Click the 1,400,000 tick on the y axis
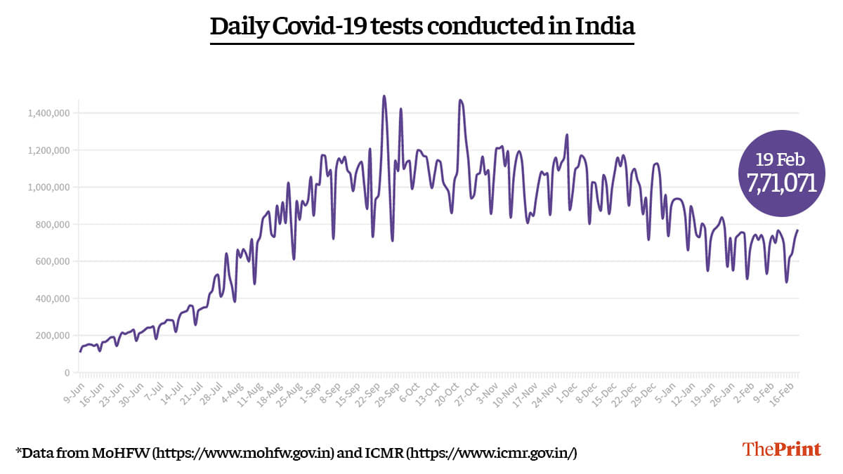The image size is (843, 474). click(x=49, y=113)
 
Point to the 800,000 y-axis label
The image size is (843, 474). click(x=52, y=225)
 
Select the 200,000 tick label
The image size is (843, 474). click(x=52, y=336)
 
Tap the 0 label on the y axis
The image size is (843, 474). click(x=67, y=373)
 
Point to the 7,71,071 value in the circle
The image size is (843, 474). click(x=780, y=183)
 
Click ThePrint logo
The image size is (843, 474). click(x=781, y=449)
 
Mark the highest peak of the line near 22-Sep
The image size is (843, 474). click(x=384, y=96)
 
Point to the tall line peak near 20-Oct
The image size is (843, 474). click(x=460, y=100)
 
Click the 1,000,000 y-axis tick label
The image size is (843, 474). click(x=49, y=187)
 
